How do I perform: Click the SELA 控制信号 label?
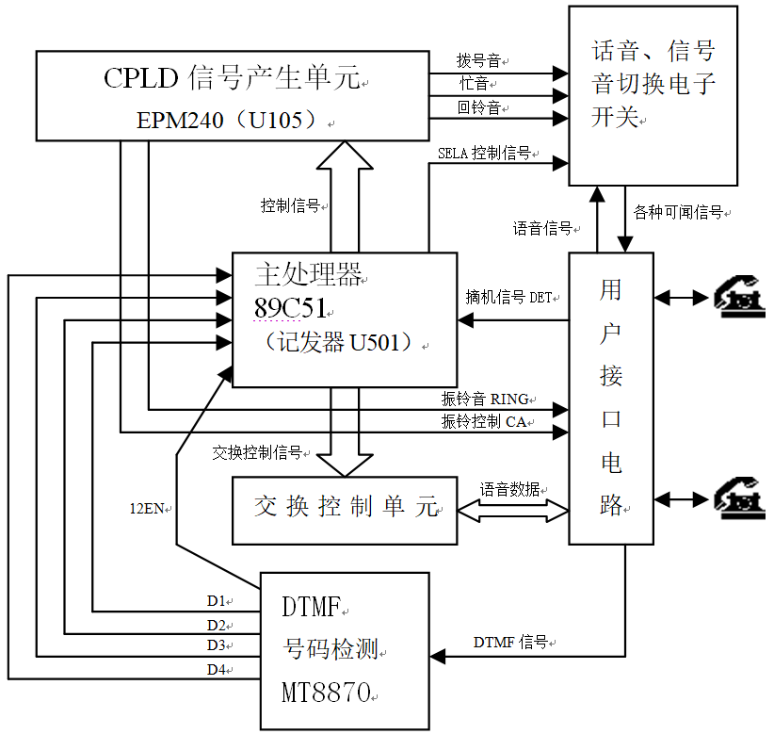coord(485,153)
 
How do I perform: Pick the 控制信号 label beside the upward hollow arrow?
coord(290,205)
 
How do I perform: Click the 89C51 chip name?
coord(290,308)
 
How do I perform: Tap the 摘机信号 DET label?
coord(508,297)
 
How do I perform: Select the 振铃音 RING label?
coord(485,399)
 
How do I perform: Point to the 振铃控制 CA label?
coord(484,421)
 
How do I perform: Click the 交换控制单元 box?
coord(345,510)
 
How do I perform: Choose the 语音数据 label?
coord(510,489)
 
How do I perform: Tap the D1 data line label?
coord(217,600)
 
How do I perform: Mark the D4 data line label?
coord(217,670)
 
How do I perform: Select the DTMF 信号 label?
coord(510,643)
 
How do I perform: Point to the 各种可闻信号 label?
coord(678,213)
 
